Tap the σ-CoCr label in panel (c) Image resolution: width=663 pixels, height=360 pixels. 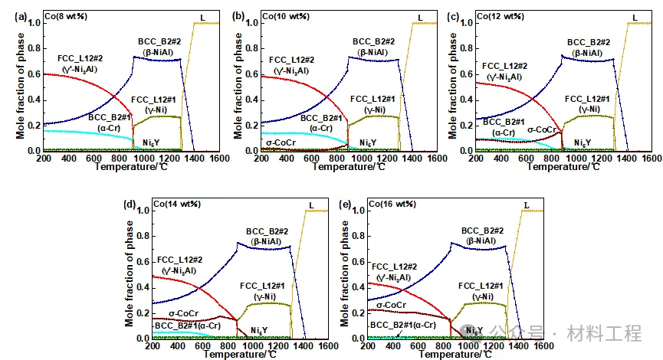[x=545, y=129]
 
